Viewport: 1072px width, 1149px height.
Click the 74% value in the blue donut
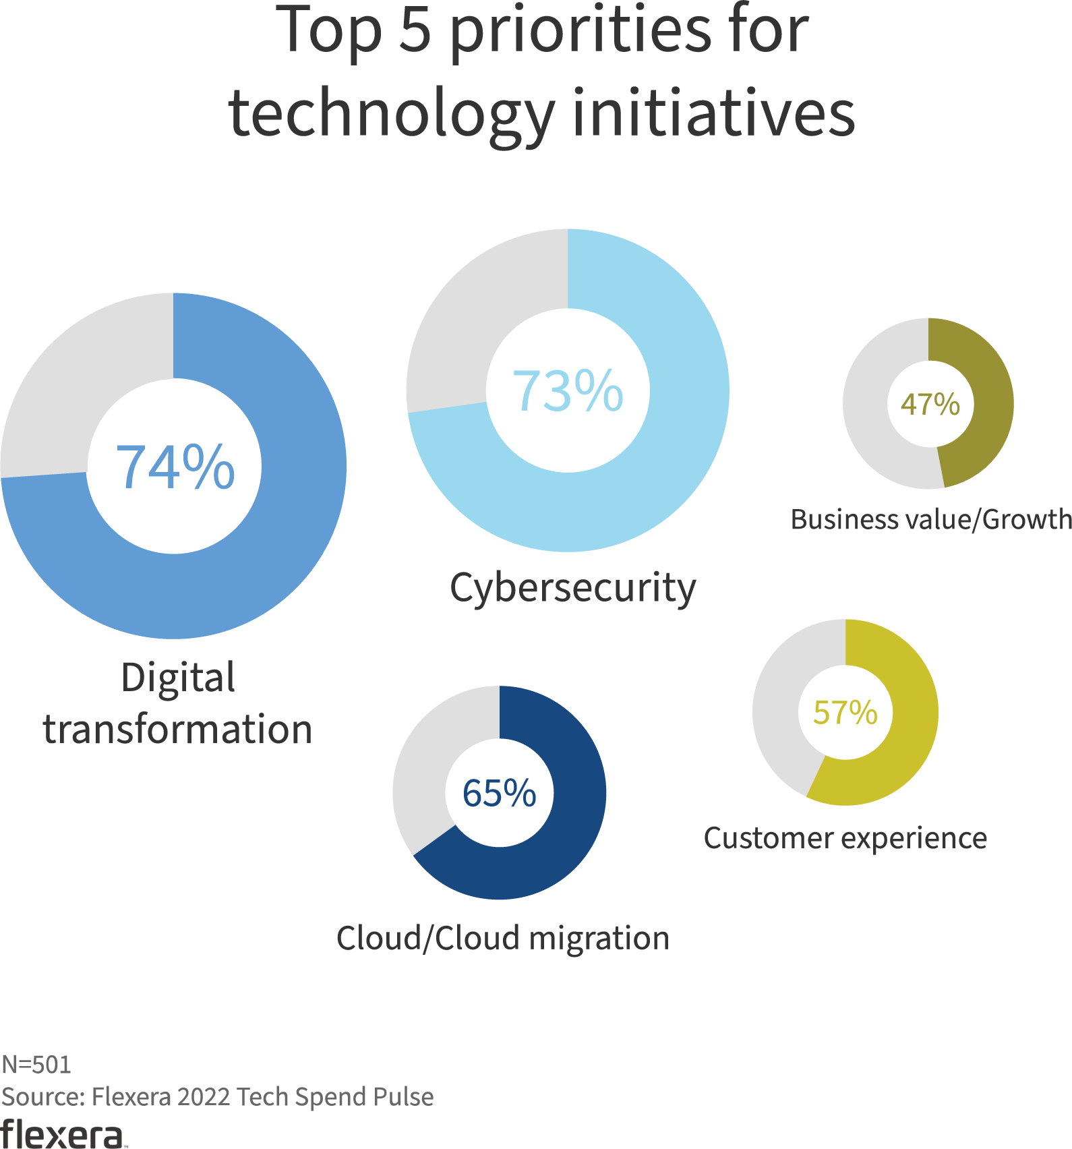(x=175, y=467)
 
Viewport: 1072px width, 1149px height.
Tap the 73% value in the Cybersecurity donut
(x=568, y=391)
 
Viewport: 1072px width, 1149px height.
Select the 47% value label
(x=930, y=405)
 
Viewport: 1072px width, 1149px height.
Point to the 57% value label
(x=845, y=713)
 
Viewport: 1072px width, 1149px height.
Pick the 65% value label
(x=500, y=793)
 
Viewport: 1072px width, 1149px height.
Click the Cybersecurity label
(x=572, y=588)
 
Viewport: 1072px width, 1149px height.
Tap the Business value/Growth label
(x=931, y=520)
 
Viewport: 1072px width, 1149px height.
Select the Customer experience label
(x=845, y=839)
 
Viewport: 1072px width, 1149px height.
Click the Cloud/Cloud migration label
(x=503, y=939)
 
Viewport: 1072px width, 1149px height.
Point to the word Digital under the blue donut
(x=178, y=678)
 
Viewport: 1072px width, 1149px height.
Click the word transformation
(x=178, y=730)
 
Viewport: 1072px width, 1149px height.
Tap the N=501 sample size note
(x=36, y=1065)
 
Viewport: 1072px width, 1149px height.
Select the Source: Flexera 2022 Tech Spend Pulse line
(x=217, y=1097)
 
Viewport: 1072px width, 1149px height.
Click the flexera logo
(x=62, y=1134)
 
